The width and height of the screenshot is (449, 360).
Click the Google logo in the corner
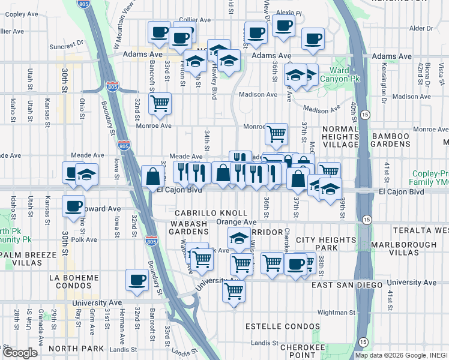(20, 352)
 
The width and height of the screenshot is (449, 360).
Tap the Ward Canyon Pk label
(333, 73)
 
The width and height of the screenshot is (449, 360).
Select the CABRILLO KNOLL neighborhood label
(211, 213)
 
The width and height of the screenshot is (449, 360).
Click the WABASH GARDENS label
(174, 228)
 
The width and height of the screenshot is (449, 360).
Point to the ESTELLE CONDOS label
(283, 326)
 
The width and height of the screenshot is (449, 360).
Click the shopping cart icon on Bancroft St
(160, 103)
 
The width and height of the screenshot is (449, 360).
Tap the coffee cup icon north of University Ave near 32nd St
(137, 280)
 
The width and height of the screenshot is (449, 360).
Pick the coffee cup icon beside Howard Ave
(73, 206)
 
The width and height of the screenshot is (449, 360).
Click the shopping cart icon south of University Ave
(233, 291)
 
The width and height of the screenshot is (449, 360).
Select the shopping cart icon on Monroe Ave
(276, 134)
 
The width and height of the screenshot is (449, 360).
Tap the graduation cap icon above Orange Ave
(239, 238)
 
